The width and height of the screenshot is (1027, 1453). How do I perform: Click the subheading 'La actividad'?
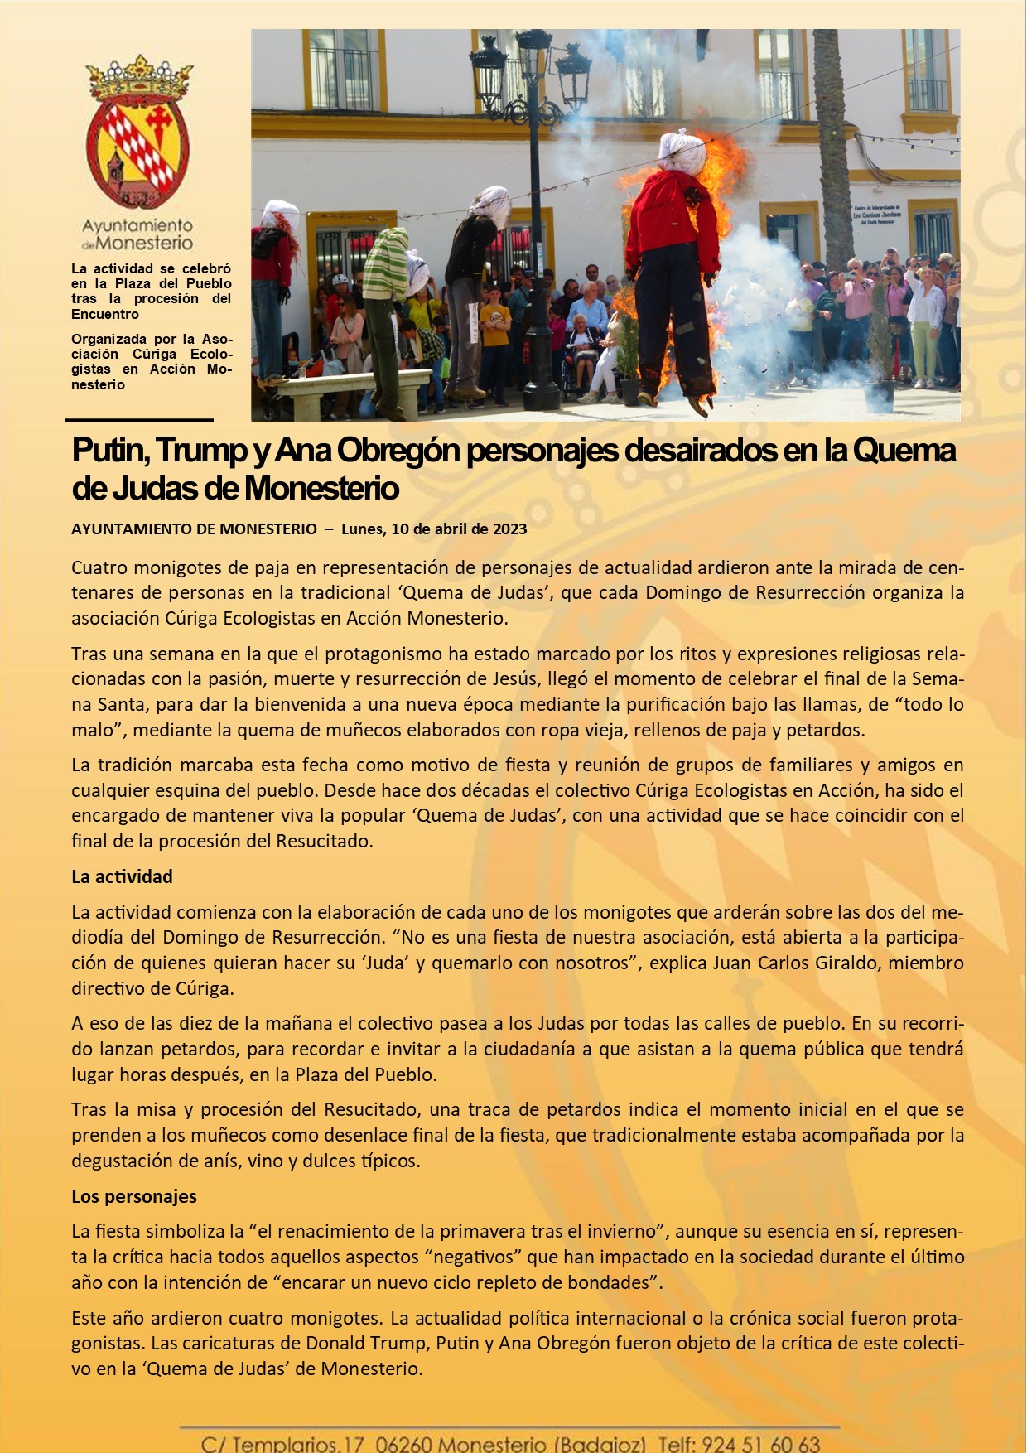(122, 876)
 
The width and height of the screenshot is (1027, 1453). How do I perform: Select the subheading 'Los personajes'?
(134, 1196)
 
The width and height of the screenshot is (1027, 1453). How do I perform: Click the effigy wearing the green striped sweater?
(386, 273)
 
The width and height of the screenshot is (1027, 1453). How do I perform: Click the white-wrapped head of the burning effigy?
(682, 152)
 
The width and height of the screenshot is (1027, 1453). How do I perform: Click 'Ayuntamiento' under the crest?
(137, 225)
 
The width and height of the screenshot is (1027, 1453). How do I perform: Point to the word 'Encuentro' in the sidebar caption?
(105, 314)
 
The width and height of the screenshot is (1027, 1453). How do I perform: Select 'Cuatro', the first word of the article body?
(99, 567)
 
